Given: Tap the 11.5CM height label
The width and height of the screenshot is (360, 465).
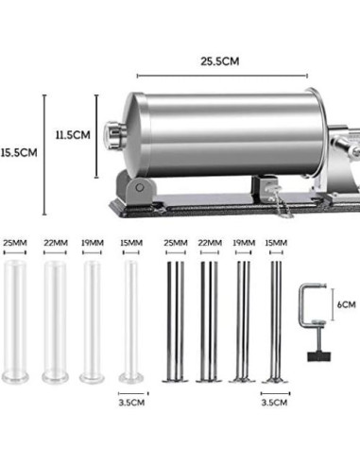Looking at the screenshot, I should click(x=72, y=135).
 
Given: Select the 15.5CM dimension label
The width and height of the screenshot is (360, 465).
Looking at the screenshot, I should click(x=19, y=152).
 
